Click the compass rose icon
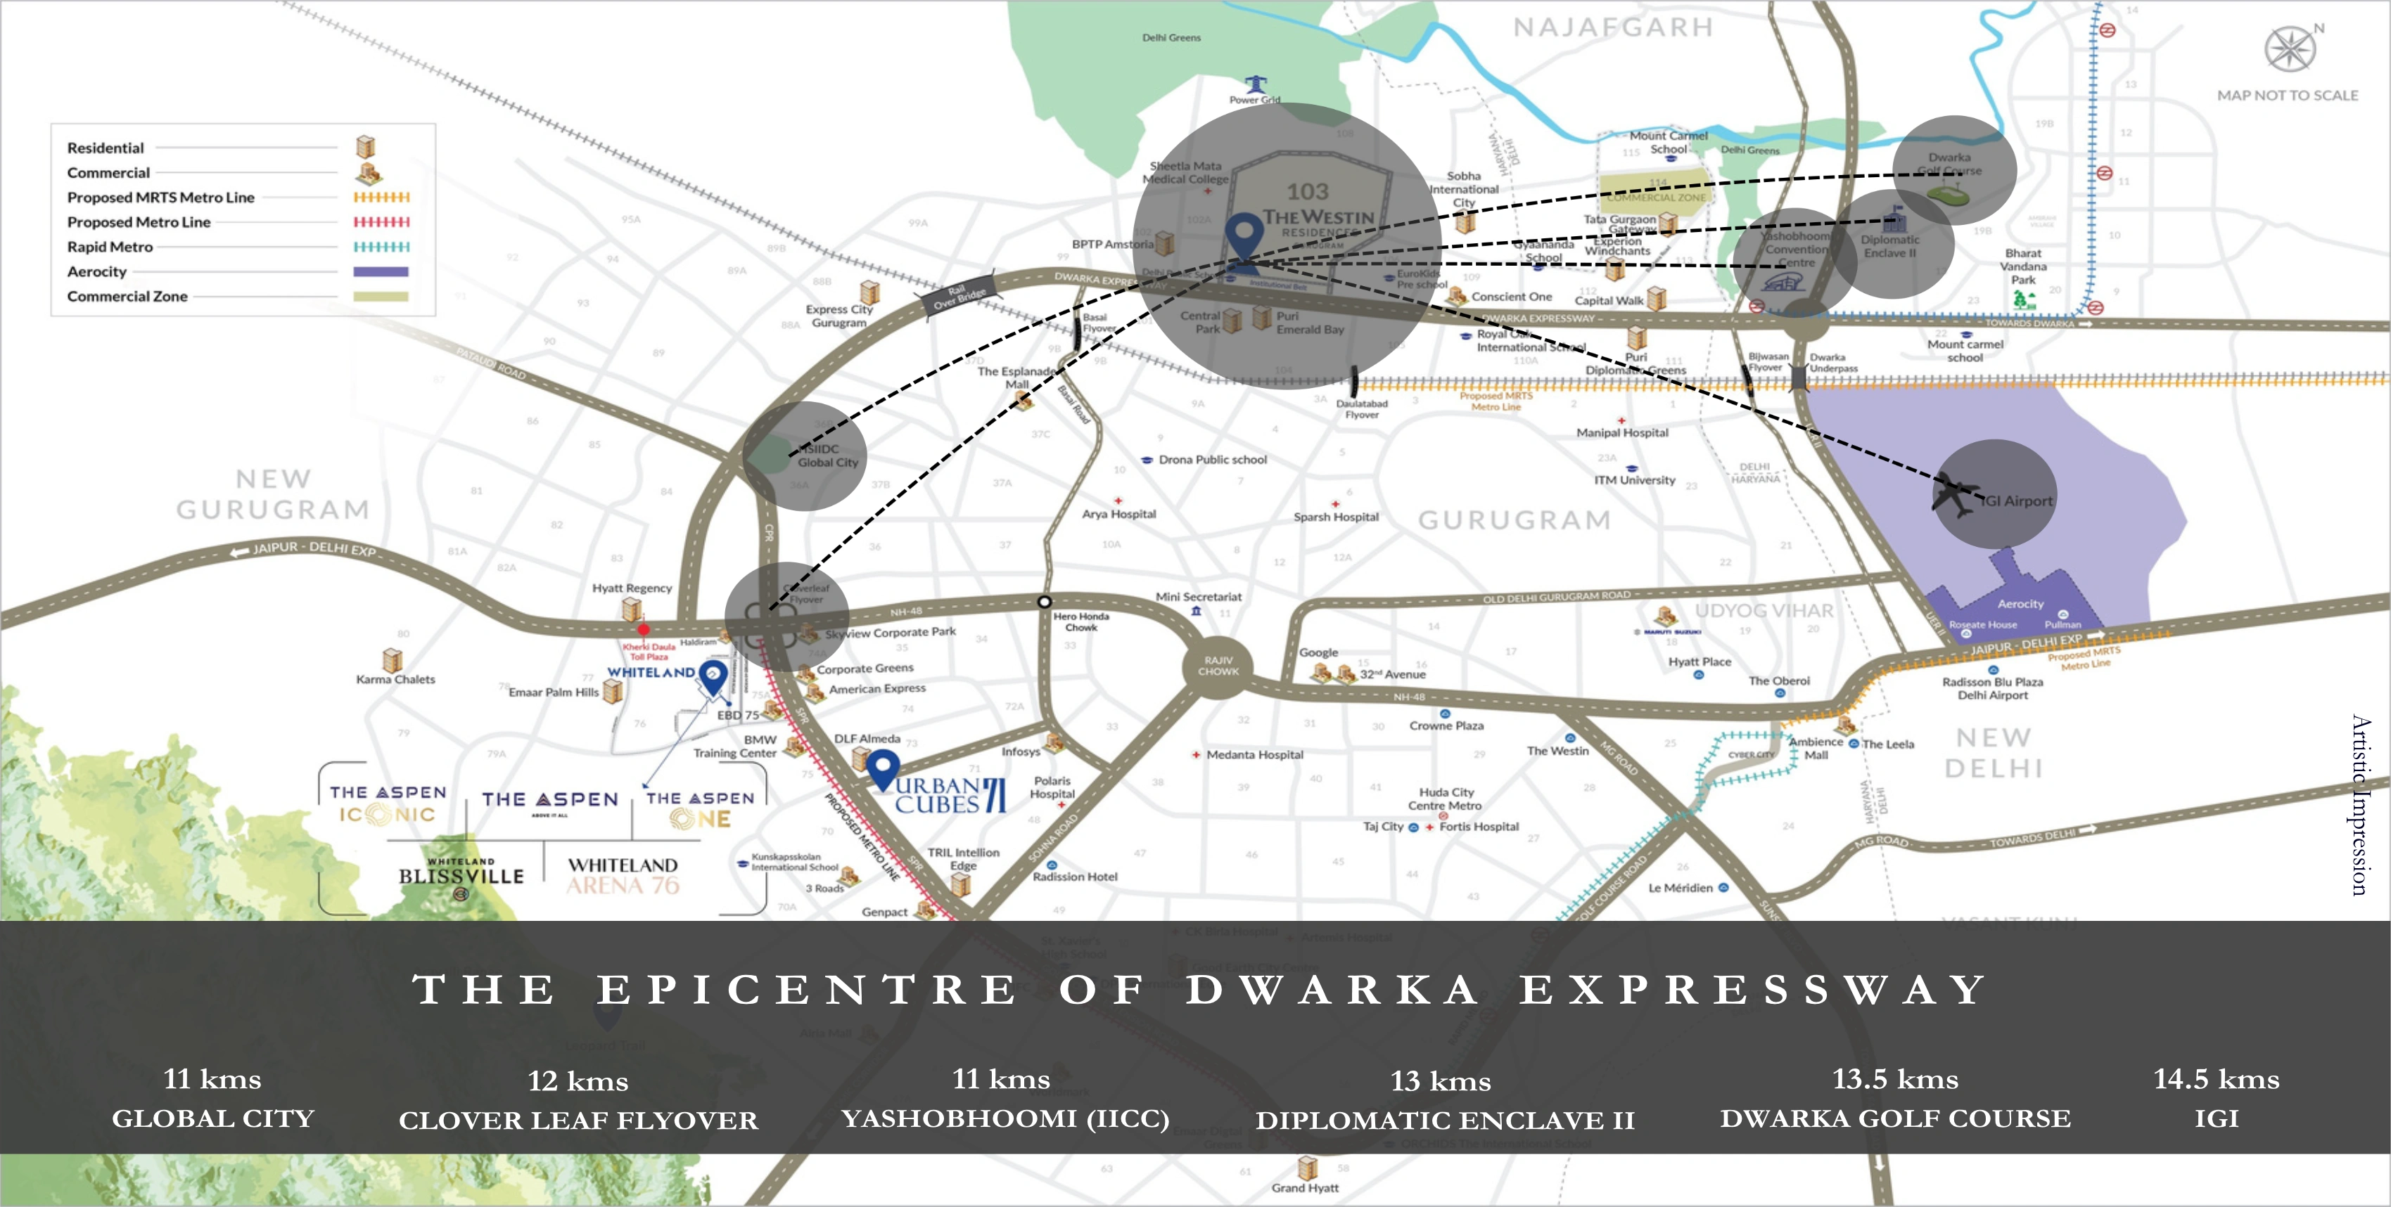pos(2290,49)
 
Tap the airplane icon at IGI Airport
pos(1956,496)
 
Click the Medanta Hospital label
pos(1254,755)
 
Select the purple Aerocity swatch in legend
pos(381,272)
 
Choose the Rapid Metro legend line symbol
pos(381,247)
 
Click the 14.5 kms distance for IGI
pos(2216,1079)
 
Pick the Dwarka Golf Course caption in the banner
pos(1894,1119)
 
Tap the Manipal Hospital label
pos(1621,433)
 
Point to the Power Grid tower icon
pos(1255,84)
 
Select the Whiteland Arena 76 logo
pos(623,876)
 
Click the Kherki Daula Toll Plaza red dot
pos(643,630)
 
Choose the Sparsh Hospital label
pos(1336,517)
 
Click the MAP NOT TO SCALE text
pos(2287,96)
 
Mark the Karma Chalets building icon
pos(393,659)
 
